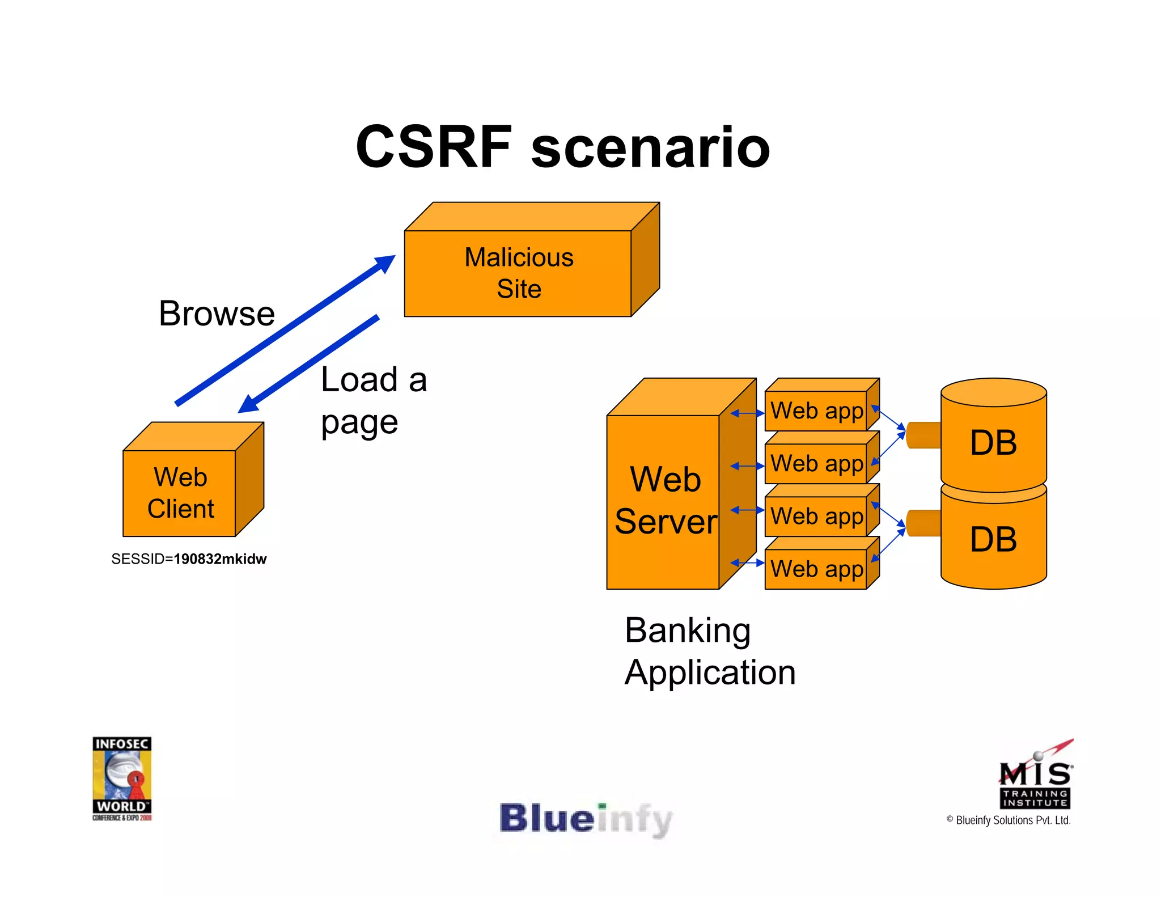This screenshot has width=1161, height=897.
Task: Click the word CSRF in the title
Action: [x=434, y=147]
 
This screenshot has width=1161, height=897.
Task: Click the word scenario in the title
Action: [x=650, y=149]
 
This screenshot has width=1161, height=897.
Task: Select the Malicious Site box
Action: [x=518, y=273]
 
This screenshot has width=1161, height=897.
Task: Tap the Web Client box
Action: [x=180, y=493]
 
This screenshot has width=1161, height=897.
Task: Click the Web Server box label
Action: [x=665, y=500]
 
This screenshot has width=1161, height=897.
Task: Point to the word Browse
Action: [x=217, y=314]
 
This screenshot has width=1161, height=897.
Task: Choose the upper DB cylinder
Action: [x=993, y=442]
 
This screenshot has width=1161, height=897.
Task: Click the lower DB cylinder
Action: [x=993, y=539]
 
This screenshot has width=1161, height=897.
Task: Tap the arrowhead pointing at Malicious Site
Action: [x=385, y=263]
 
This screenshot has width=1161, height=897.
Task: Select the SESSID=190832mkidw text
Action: [x=189, y=559]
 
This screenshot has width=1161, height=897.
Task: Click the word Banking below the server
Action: [x=688, y=631]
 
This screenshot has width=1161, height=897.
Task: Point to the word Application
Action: [x=710, y=673]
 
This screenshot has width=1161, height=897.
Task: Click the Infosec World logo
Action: [x=122, y=778]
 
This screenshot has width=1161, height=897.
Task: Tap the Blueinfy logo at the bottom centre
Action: [x=586, y=819]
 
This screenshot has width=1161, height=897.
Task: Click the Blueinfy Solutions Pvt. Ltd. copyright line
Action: [x=1008, y=820]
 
